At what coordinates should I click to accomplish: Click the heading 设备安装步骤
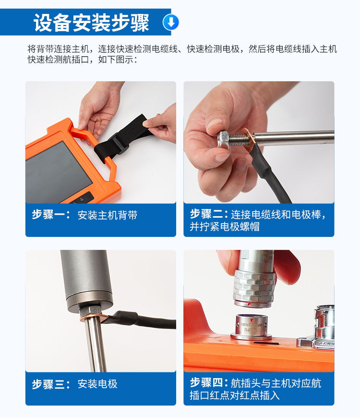[x=91, y=23]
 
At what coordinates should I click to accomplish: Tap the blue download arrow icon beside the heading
[x=171, y=22]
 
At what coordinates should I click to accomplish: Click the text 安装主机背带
[x=108, y=215]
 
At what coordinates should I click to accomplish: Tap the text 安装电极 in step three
[x=97, y=384]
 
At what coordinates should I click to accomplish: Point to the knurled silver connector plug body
[x=254, y=286]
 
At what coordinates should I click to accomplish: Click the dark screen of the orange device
[x=58, y=173]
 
